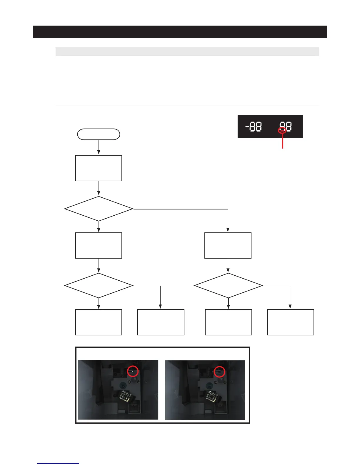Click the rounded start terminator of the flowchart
[99, 134]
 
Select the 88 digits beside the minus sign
[256, 127]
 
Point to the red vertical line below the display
[283, 141]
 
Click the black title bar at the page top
[180, 32]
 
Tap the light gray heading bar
[187, 52]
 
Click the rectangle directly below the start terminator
[99, 168]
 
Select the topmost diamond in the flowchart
[99, 209]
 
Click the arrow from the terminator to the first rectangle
[99, 147]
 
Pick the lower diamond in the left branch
[99, 286]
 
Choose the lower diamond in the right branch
[228, 286]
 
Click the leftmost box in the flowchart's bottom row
[99, 322]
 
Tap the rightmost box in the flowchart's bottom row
[290, 322]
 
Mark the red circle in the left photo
[133, 371]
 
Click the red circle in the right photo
[219, 372]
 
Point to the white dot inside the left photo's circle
[133, 372]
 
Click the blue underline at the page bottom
[58, 463]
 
